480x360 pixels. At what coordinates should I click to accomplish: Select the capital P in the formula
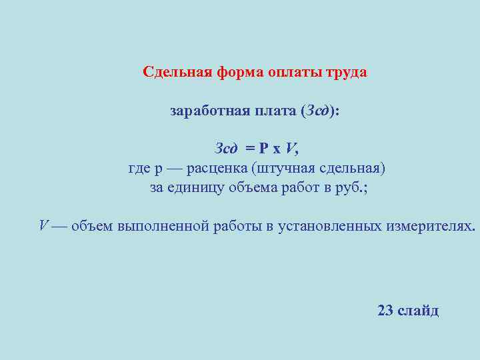coord(263,148)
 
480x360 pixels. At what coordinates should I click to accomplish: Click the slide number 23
coord(385,311)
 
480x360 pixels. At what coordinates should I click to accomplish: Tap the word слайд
coord(418,311)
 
